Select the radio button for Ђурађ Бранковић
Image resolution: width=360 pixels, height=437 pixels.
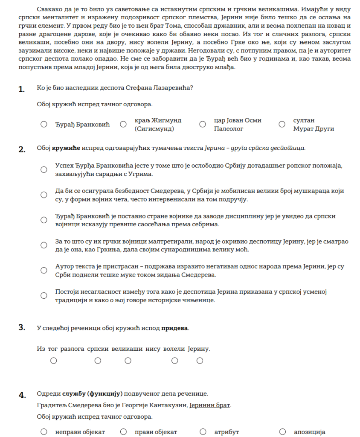[x=44, y=124]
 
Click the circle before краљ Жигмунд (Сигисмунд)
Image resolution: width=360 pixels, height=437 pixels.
[x=123, y=124]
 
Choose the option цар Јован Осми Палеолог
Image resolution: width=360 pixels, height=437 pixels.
[x=203, y=124]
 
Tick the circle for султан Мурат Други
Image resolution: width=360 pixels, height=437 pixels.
[x=282, y=124]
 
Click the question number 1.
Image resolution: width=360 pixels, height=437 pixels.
[x=21, y=89]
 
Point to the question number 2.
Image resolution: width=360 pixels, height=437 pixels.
[x=22, y=149]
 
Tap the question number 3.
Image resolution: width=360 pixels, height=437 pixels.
[x=22, y=328]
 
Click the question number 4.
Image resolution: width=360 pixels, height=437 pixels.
[x=22, y=394]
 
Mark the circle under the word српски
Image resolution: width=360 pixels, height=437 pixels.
[x=98, y=361]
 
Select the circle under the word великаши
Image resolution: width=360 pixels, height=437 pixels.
[x=128, y=361]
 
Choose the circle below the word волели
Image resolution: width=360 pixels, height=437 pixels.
[x=174, y=361]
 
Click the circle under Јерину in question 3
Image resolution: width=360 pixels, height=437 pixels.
[x=200, y=361]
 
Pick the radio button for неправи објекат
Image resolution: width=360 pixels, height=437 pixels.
[x=44, y=431]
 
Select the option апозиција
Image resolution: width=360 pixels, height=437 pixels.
[x=282, y=431]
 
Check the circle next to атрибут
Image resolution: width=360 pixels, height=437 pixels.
[x=203, y=431]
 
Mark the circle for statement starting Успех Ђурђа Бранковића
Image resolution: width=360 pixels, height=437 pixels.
[x=44, y=169]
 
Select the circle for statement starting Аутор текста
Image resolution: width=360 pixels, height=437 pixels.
[x=44, y=270]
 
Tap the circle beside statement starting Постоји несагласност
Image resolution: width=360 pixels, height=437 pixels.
[x=44, y=295]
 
